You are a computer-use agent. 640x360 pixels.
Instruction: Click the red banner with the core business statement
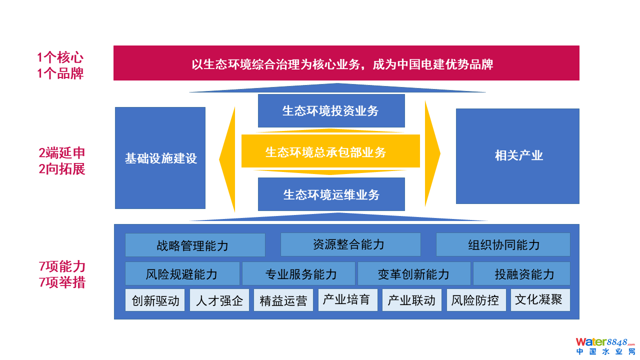346,63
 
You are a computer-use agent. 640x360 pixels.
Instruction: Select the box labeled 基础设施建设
160,158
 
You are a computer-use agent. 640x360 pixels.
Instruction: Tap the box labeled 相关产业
517,156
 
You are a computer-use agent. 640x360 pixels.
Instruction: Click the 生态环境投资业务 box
331,110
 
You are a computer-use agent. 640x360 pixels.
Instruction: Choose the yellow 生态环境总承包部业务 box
330,151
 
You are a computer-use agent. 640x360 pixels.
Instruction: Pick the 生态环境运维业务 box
331,194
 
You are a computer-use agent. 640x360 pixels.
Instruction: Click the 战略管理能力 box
195,245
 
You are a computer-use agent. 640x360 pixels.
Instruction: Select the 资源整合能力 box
350,244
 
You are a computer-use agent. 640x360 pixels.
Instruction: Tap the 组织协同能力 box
503,244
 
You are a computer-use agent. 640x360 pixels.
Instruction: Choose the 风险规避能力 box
182,273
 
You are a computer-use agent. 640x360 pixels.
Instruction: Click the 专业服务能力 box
299,273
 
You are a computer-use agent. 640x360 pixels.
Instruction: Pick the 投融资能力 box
521,273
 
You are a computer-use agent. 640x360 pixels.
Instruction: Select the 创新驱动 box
155,300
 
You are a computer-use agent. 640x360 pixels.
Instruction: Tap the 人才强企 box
219,300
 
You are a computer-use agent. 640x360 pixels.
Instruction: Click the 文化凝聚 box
540,299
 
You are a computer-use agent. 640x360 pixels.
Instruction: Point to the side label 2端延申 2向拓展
62,161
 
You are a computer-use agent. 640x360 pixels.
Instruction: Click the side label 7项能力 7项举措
62,274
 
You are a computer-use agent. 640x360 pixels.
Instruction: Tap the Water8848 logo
605,346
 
